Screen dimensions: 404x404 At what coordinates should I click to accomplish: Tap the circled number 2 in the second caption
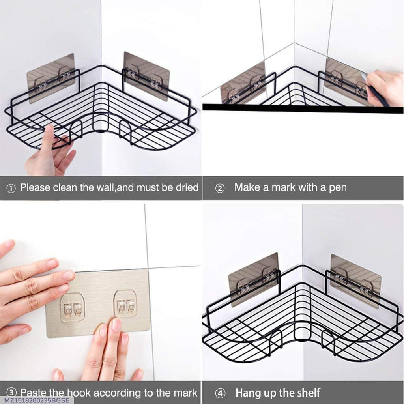pos(220,188)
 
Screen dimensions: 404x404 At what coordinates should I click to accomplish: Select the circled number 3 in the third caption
pos(12,393)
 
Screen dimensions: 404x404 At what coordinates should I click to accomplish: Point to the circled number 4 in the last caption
pos(220,393)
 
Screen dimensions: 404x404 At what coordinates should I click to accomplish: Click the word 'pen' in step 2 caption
pos(338,187)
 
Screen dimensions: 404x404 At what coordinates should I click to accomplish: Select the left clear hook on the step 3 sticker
pos(73,306)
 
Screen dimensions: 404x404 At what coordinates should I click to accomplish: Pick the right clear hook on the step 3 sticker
pos(125,303)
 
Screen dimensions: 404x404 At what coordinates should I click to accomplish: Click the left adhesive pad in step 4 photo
pos(253,278)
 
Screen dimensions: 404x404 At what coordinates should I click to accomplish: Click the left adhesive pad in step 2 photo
pos(243,86)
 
